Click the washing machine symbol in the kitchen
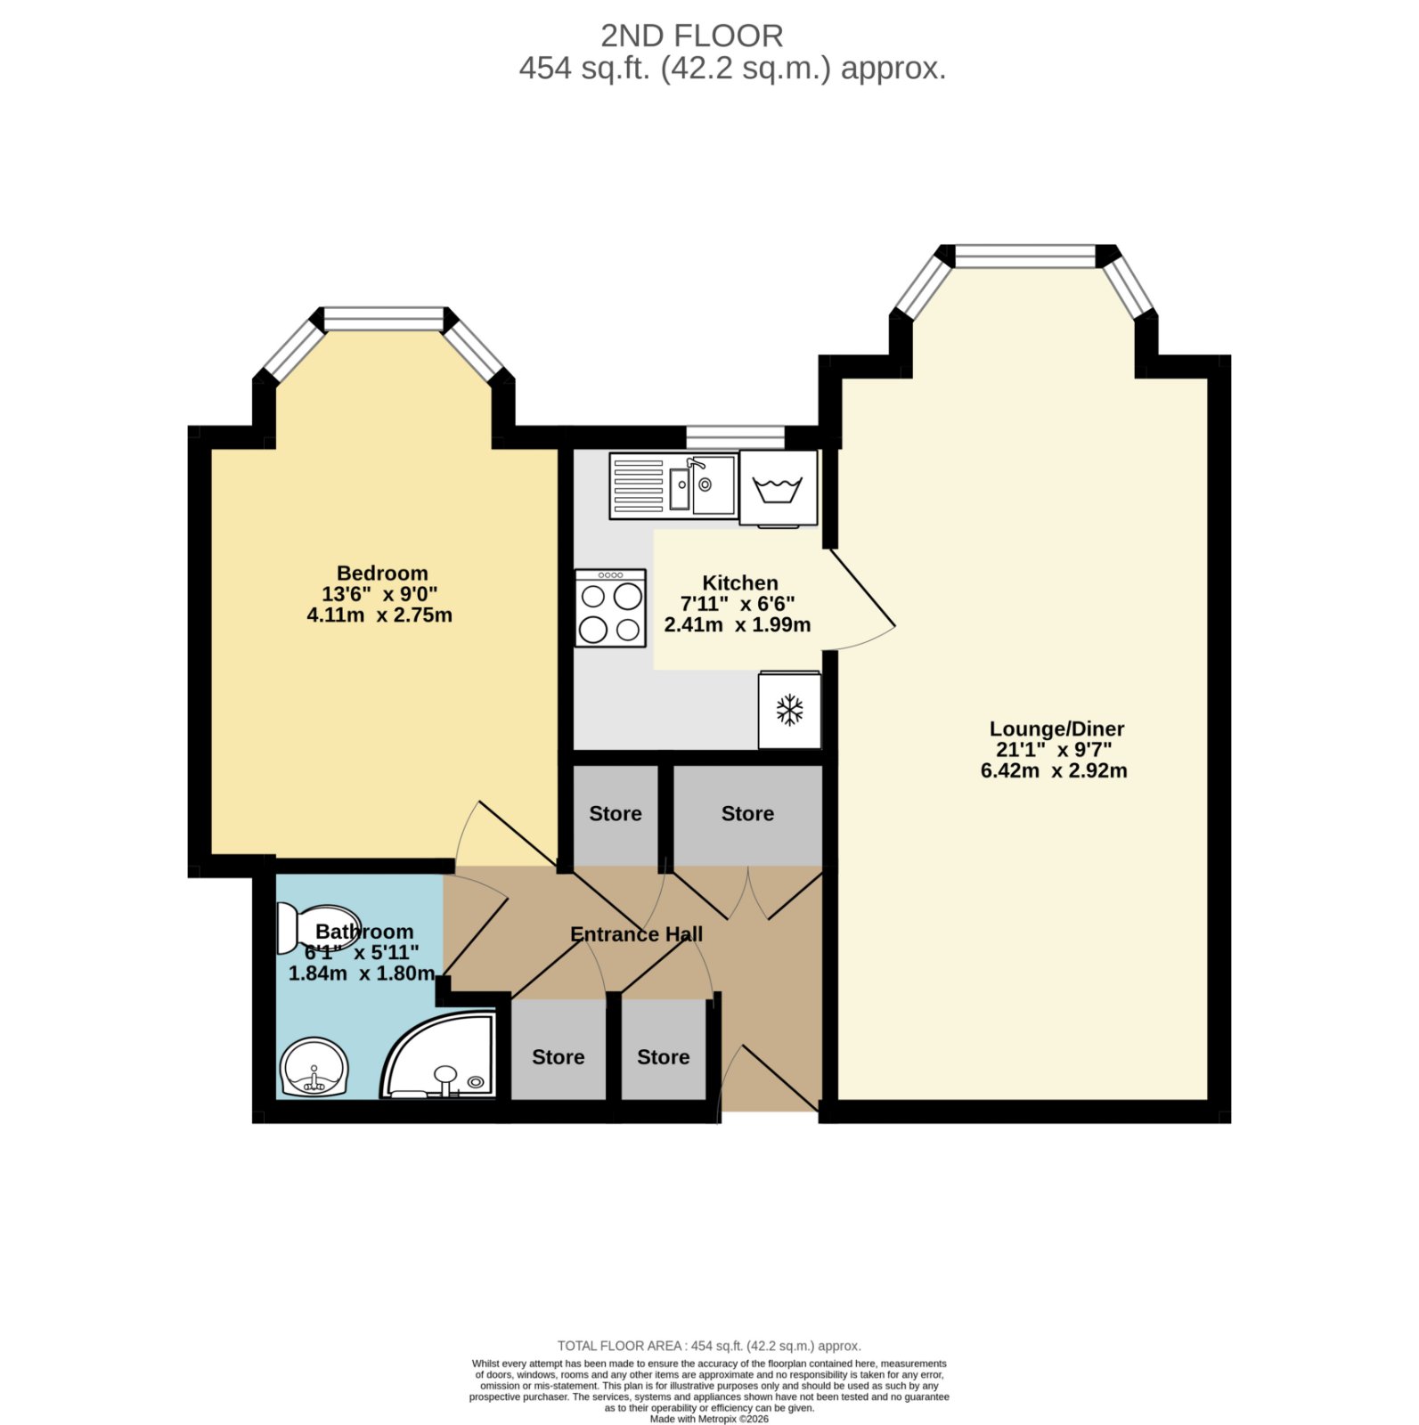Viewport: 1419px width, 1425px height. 778,488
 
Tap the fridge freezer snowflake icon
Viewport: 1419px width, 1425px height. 789,710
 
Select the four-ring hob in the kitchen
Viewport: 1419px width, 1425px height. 610,607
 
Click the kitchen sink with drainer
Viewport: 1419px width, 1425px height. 673,485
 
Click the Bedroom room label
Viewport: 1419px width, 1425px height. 382,573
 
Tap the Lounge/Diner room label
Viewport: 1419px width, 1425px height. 1056,729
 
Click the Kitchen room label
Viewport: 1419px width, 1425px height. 740,582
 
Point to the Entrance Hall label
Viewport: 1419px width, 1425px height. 636,934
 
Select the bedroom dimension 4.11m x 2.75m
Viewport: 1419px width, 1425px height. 379,615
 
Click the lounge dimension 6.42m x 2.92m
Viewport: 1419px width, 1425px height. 1054,770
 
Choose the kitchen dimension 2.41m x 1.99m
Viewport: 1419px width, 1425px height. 738,624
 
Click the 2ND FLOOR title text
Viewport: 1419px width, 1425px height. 692,36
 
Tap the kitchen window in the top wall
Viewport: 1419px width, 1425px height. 735,436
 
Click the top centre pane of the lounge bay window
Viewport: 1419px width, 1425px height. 1024,256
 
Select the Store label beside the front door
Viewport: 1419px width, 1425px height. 664,1056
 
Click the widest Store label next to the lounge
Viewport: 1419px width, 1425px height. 747,813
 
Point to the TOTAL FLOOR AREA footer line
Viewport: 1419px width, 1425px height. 709,1346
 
